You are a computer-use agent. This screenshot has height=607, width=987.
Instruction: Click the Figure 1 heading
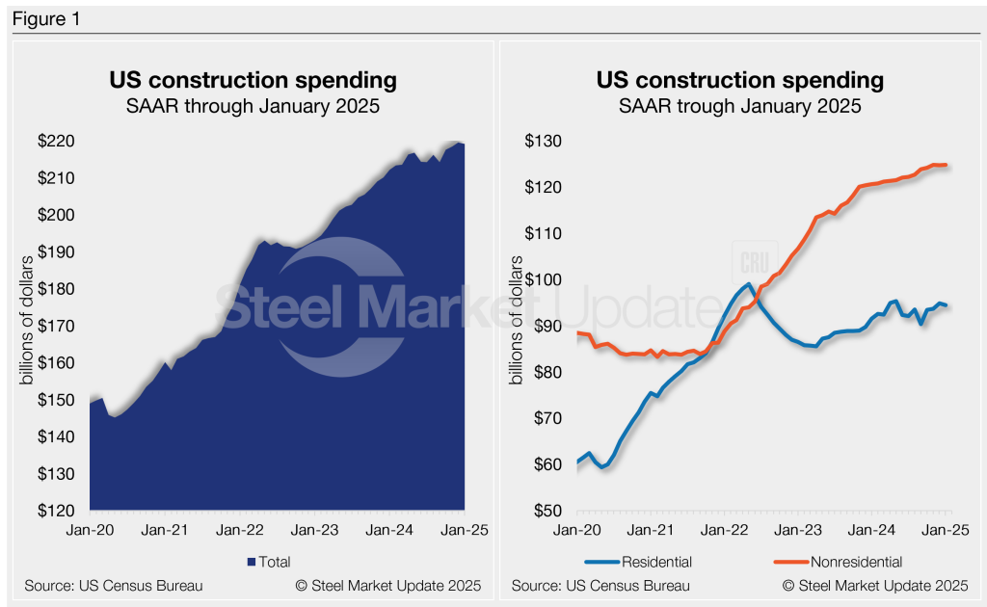pyautogui.click(x=46, y=19)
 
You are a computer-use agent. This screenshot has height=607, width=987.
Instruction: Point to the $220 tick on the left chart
pyautogui.click(x=56, y=141)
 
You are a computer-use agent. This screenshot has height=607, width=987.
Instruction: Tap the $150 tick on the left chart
pyautogui.click(x=56, y=400)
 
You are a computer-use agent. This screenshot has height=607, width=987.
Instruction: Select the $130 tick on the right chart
pyautogui.click(x=544, y=141)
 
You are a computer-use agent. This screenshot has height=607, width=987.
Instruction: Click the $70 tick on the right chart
pyautogui.click(x=547, y=418)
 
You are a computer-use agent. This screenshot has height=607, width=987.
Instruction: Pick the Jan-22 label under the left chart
pyautogui.click(x=240, y=530)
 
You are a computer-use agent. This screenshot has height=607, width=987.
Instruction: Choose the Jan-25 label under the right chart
pyautogui.click(x=946, y=530)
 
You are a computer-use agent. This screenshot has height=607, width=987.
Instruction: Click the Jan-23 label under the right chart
pyautogui.click(x=798, y=530)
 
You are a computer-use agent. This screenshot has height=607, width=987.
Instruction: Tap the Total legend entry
pyautogui.click(x=269, y=562)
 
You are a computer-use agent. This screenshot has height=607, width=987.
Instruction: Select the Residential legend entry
pyautogui.click(x=638, y=562)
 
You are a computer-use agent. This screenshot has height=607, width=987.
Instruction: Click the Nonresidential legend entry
pyautogui.click(x=839, y=562)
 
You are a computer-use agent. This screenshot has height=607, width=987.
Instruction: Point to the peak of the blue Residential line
pyautogui.click(x=747, y=284)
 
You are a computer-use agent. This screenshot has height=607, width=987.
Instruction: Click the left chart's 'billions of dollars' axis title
pyautogui.click(x=26, y=320)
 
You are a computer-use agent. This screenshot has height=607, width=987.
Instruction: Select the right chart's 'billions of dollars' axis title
pyautogui.click(x=517, y=320)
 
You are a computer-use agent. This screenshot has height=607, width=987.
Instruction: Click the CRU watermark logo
pyautogui.click(x=755, y=262)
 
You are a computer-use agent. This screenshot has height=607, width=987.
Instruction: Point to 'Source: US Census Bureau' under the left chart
pyautogui.click(x=114, y=586)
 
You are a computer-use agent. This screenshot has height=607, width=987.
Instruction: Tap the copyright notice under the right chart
pyautogui.click(x=875, y=586)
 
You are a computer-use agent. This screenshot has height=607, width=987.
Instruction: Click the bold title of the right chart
pyautogui.click(x=740, y=80)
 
